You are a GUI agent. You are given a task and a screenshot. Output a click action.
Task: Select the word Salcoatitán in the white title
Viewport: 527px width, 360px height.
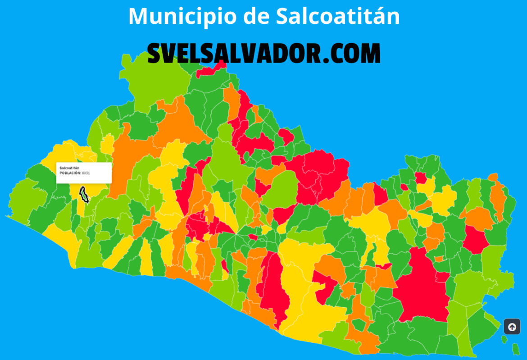coord(337,16)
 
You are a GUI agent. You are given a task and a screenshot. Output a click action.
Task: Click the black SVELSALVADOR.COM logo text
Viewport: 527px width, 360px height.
coord(264,54)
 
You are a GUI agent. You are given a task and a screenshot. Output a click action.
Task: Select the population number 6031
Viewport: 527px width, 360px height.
coord(86,173)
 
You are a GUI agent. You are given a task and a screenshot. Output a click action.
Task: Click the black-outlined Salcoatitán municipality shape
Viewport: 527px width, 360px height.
coord(83,194)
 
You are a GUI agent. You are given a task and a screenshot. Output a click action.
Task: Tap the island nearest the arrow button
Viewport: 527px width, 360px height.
coord(504,338)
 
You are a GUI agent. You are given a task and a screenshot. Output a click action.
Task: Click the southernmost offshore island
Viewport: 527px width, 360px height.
coord(516,348)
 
